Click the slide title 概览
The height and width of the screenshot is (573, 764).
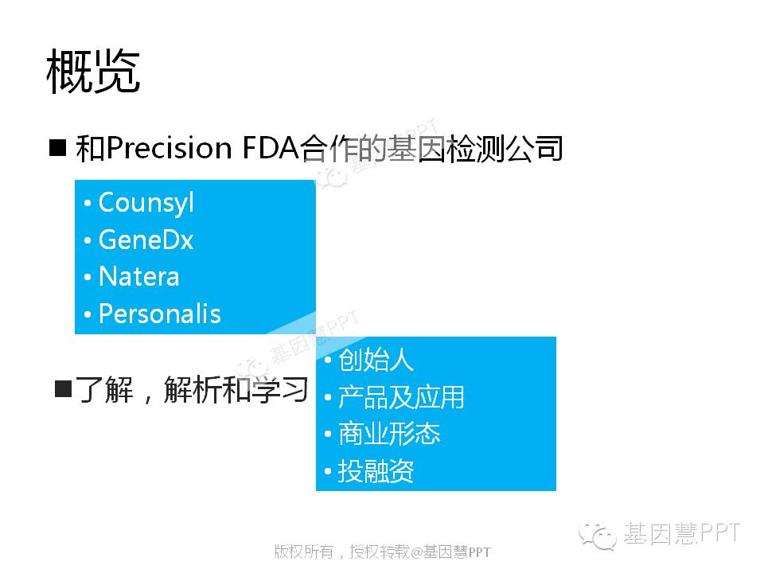pyautogui.click(x=93, y=71)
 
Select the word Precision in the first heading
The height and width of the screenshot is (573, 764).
pyautogui.click(x=169, y=147)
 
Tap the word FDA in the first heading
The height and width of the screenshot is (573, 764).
pyautogui.click(x=270, y=147)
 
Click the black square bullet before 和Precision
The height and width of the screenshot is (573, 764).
pyautogui.click(x=57, y=147)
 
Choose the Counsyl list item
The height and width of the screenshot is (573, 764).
pyautogui.click(x=146, y=202)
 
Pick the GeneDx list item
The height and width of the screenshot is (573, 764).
pyautogui.click(x=146, y=240)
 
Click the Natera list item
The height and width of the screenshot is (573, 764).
pyautogui.click(x=138, y=277)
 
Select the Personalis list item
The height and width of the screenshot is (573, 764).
pyautogui.click(x=160, y=314)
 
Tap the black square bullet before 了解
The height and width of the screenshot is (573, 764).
pyautogui.click(x=64, y=389)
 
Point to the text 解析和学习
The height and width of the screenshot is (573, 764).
pyautogui.click(x=236, y=390)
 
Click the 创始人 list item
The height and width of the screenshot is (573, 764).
pyautogui.click(x=376, y=360)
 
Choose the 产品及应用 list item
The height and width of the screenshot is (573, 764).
pyautogui.click(x=401, y=397)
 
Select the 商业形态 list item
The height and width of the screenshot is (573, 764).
pyautogui.click(x=389, y=434)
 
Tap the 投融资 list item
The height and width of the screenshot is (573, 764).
pyautogui.click(x=376, y=471)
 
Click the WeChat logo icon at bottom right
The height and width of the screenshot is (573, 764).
pyautogui.click(x=598, y=536)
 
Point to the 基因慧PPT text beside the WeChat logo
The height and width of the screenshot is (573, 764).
pyautogui.click(x=682, y=533)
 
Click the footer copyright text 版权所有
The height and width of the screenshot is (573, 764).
pyautogui.click(x=303, y=552)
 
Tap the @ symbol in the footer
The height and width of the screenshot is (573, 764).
pyautogui.click(x=416, y=552)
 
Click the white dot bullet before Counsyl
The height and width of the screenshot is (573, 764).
pyautogui.click(x=88, y=203)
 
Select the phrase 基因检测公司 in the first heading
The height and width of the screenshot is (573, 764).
pyautogui.click(x=475, y=148)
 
